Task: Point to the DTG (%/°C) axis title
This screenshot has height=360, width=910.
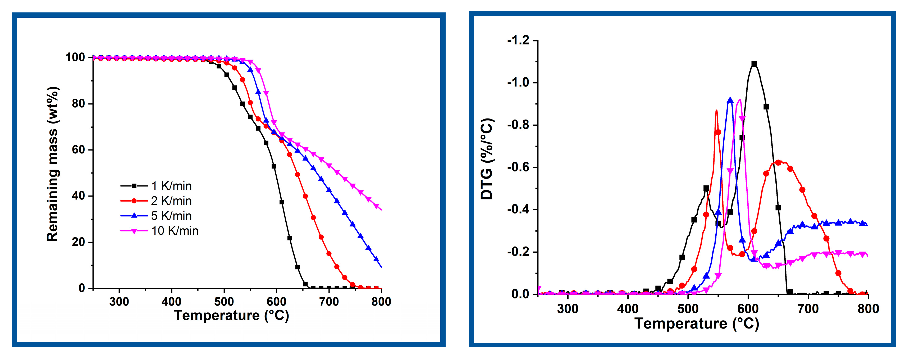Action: pyautogui.click(x=487, y=159)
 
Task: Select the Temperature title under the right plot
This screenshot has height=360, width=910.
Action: pyautogui.click(x=697, y=323)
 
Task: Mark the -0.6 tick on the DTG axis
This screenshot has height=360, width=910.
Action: pyautogui.click(x=518, y=167)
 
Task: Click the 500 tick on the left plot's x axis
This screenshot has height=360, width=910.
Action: pyautogui.click(x=224, y=302)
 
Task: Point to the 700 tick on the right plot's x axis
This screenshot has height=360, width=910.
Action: pyautogui.click(x=808, y=309)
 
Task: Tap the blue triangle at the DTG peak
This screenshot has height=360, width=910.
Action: pyautogui.click(x=730, y=100)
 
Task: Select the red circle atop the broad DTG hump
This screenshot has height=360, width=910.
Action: pyautogui.click(x=778, y=162)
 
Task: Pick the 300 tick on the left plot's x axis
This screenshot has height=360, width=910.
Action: pyautogui.click(x=119, y=302)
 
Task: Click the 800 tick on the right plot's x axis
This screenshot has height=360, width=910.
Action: pyautogui.click(x=868, y=309)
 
